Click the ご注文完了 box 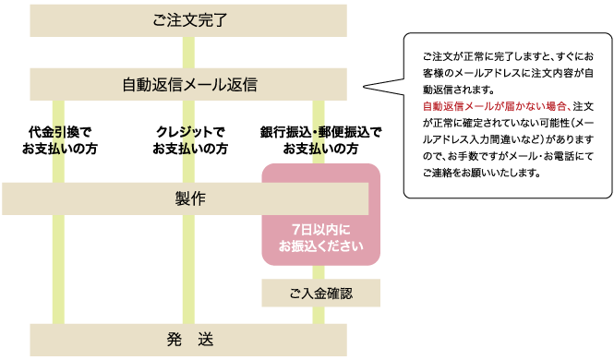click(x=188, y=18)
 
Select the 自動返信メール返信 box click(x=188, y=84)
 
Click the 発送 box click(x=188, y=339)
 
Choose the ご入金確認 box click(x=320, y=294)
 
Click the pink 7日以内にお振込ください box click(x=320, y=236)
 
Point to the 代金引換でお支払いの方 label click(x=60, y=139)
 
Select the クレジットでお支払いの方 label click(x=188, y=139)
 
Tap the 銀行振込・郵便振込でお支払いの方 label click(x=320, y=139)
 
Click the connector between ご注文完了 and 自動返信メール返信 click(x=188, y=51)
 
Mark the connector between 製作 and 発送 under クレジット click(x=188, y=268)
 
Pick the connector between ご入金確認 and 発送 click(x=320, y=315)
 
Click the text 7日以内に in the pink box click(x=320, y=229)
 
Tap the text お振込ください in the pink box click(x=320, y=246)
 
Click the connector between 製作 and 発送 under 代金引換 click(x=60, y=268)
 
